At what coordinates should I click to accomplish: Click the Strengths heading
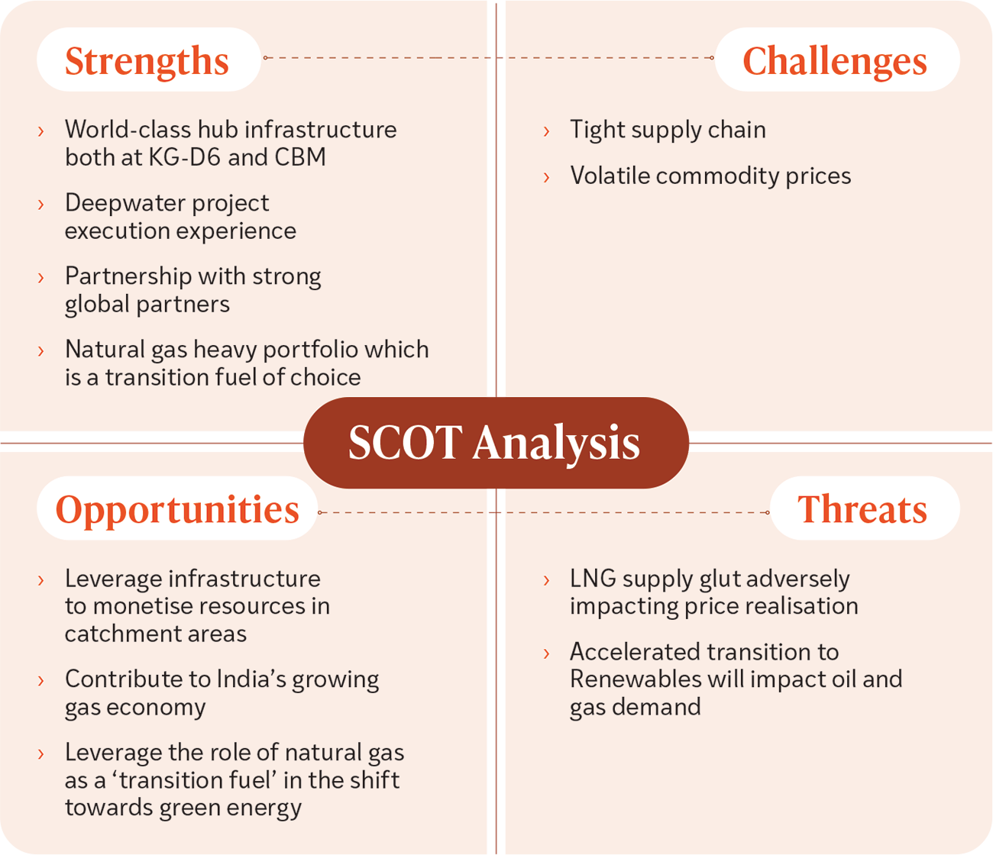pos(147,61)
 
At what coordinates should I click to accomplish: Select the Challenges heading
pos(834,61)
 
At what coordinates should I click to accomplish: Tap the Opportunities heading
pos(177,510)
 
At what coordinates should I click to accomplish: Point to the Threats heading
pos(862,509)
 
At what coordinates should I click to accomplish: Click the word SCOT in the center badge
pos(406,442)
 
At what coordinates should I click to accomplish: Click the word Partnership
pos(128,277)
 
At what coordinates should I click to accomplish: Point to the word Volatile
pos(610,176)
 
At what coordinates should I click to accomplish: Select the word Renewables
pos(636,679)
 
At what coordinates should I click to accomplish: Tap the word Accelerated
pos(635,652)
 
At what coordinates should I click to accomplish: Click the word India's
pos(252,679)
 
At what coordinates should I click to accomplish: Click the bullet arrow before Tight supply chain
pos(546,131)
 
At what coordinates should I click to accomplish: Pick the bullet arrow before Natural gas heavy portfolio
pos(40,351)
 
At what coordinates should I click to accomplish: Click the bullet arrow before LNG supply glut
pos(546,581)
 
